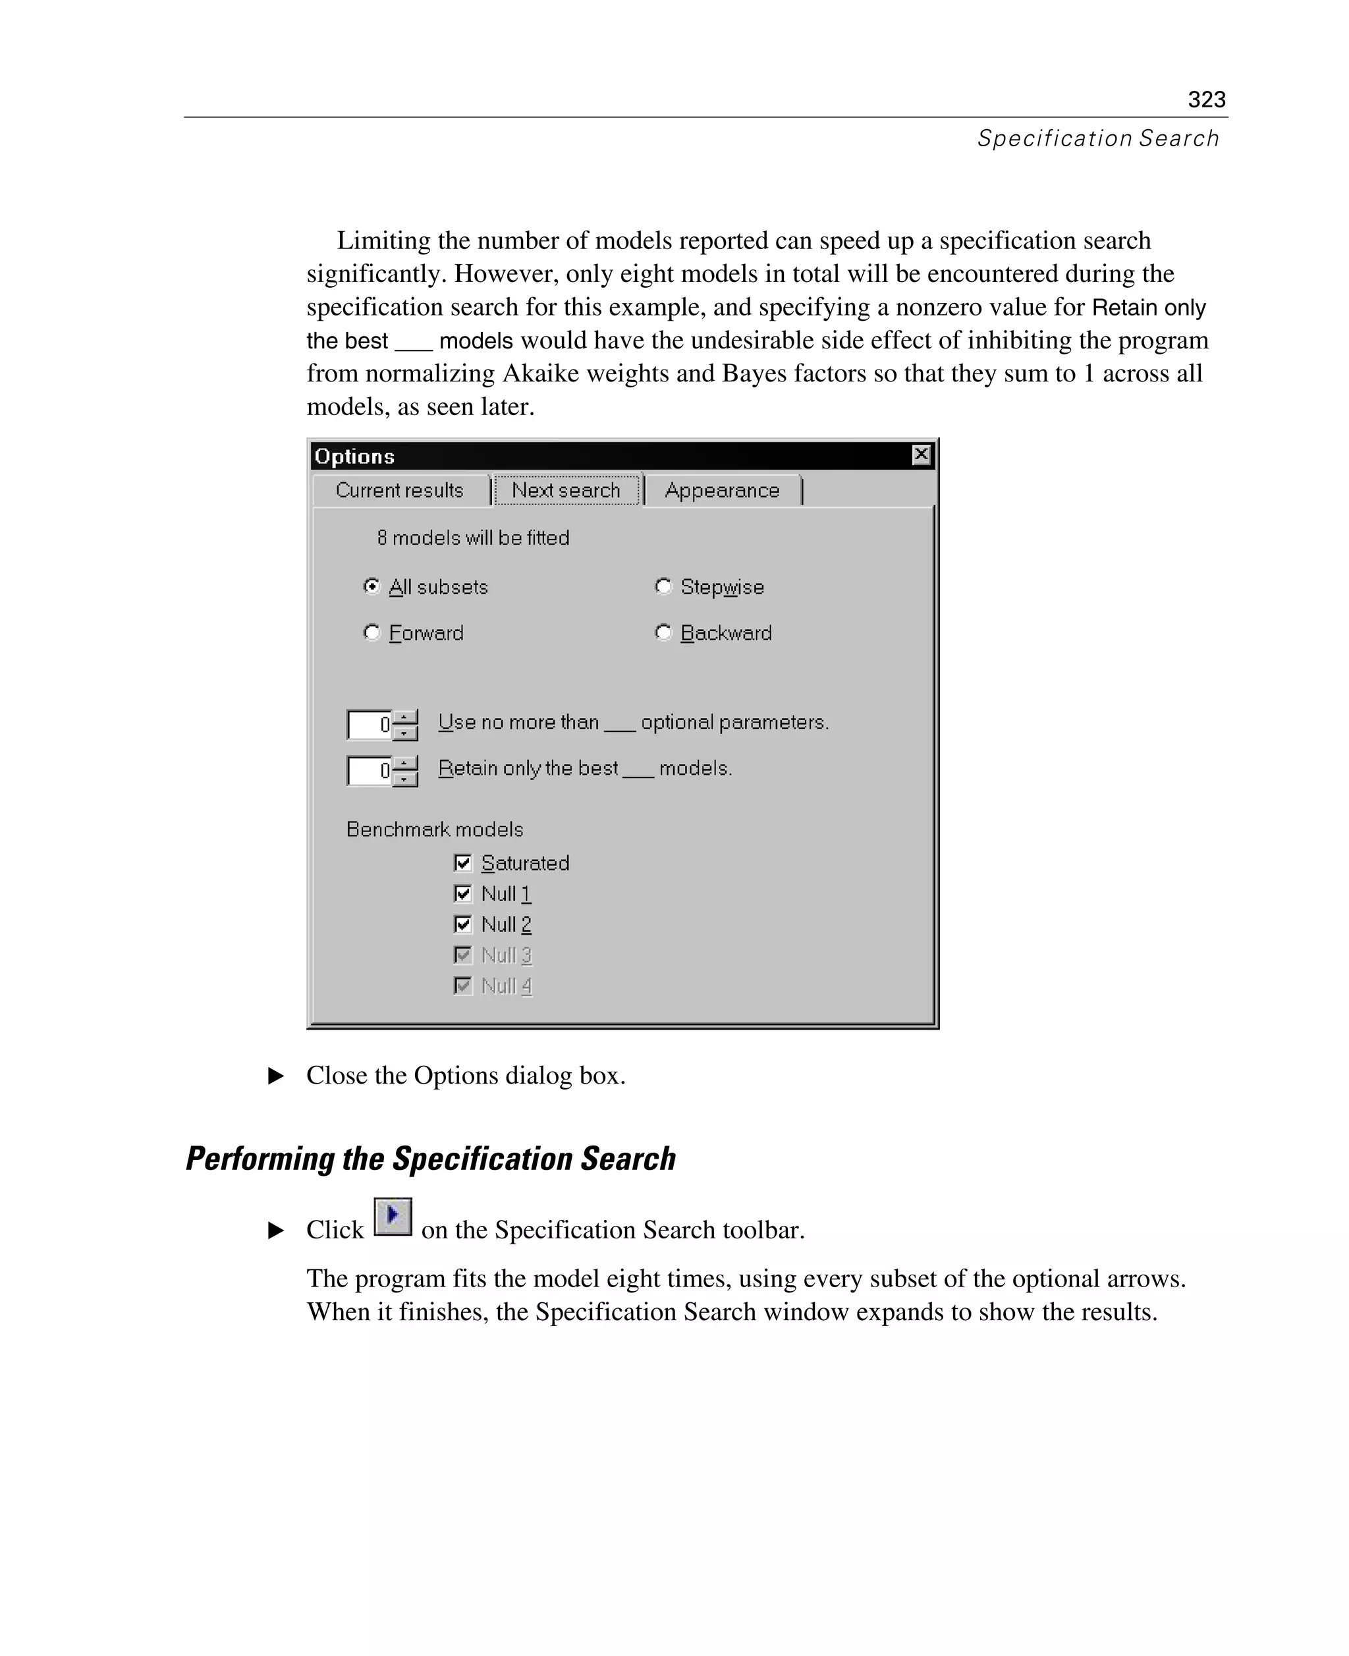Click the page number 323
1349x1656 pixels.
1206,99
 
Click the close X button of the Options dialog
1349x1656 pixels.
921,455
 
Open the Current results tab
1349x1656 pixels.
399,490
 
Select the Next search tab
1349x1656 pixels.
566,490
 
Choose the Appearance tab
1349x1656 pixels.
722,490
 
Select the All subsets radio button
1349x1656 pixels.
372,587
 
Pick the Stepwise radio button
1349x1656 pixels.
663,587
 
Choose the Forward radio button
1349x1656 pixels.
372,632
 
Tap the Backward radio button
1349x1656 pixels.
663,632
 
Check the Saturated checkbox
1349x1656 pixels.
463,862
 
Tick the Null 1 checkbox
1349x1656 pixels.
463,894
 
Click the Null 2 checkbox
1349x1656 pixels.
463,924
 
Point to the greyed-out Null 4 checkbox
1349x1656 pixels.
463,985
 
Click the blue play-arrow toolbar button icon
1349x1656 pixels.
393,1216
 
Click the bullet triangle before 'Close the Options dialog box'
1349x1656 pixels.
276,1076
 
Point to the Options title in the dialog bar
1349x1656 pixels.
354,456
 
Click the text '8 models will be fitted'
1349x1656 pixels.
473,538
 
